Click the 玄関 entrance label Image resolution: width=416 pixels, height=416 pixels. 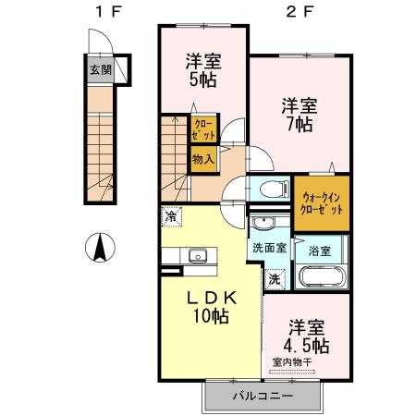95,69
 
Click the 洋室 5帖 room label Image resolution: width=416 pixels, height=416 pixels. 202,70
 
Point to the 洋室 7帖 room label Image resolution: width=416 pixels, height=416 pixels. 298,115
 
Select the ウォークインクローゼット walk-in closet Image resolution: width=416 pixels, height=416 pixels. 321,198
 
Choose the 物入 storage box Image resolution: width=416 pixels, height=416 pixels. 203,159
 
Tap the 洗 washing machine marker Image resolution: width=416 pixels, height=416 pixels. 275,277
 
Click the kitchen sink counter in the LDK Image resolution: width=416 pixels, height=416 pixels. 196,256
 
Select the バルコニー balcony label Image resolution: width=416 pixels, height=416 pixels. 262,396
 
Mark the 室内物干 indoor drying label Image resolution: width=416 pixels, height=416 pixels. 293,362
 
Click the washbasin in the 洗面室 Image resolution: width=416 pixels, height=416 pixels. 262,225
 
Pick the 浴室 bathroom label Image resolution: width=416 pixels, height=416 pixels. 320,250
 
